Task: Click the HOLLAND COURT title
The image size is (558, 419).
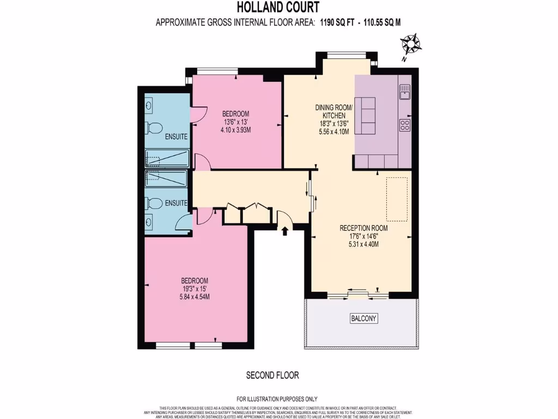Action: (278, 8)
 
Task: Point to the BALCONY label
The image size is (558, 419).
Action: (363, 319)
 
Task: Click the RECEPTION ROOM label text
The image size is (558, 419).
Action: (363, 228)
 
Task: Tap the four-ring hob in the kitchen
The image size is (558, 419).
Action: (405, 125)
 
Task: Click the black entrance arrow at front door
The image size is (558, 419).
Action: (284, 232)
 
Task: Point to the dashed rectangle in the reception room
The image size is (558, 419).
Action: (397, 199)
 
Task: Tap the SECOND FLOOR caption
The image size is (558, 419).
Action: (272, 375)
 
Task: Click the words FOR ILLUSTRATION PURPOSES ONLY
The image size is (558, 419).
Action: (277, 399)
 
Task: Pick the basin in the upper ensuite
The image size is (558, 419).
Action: (150, 105)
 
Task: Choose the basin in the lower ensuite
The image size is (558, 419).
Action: (150, 222)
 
